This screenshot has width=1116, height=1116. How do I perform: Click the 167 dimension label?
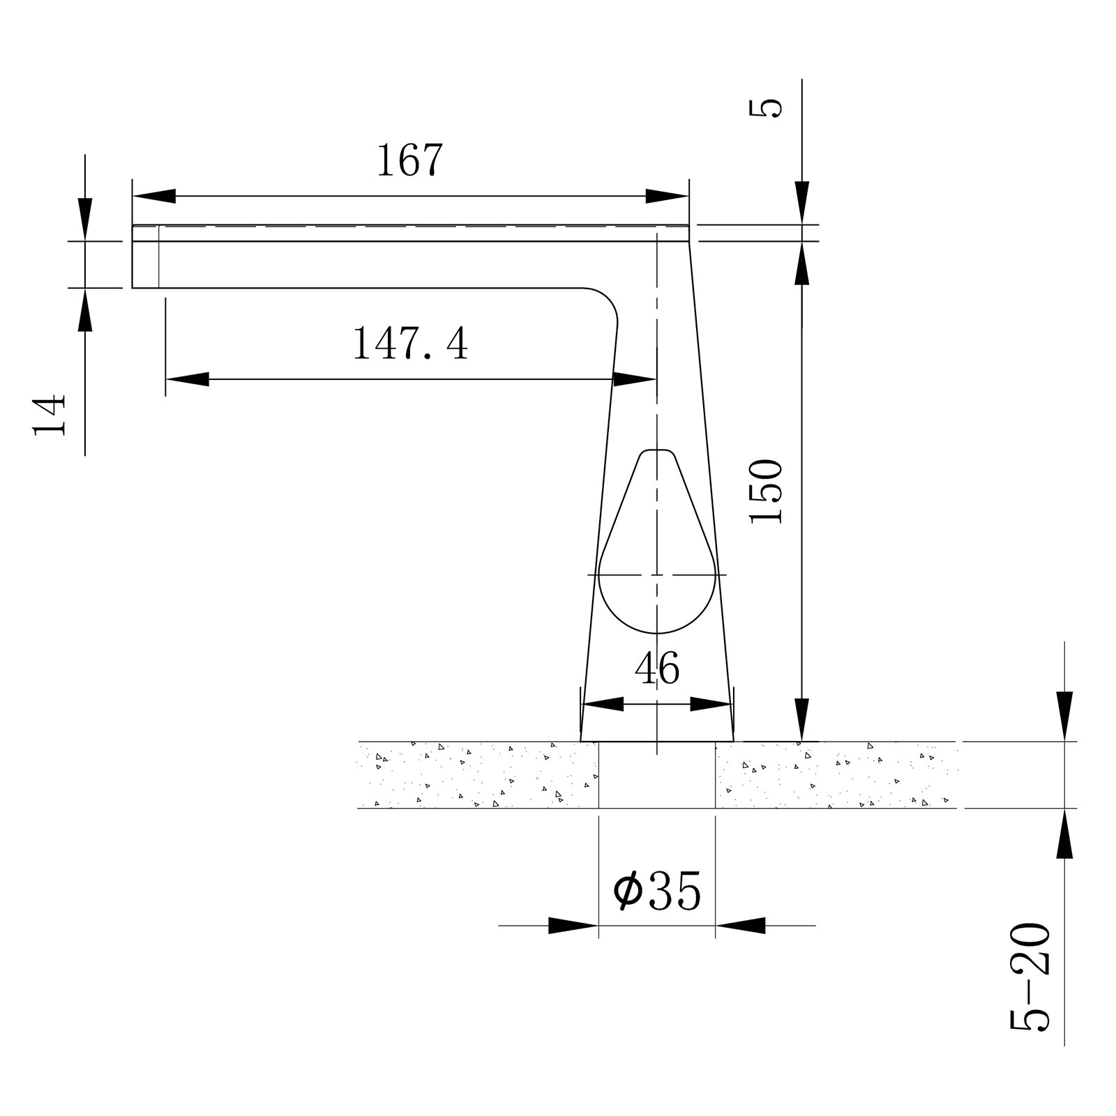(x=409, y=160)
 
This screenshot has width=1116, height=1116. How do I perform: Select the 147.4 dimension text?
(x=410, y=344)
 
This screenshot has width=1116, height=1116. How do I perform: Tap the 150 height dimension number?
(x=765, y=491)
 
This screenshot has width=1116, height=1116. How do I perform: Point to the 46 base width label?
(x=657, y=668)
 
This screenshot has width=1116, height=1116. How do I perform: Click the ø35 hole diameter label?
(x=656, y=891)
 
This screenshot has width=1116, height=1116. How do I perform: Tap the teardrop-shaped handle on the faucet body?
(x=657, y=558)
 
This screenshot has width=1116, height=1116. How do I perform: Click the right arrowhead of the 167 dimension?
(x=668, y=197)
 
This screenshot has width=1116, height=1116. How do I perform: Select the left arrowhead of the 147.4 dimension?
(x=187, y=379)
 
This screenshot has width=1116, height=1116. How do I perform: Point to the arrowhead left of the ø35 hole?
(x=573, y=926)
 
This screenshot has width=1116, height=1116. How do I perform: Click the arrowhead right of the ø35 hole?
(x=740, y=926)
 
